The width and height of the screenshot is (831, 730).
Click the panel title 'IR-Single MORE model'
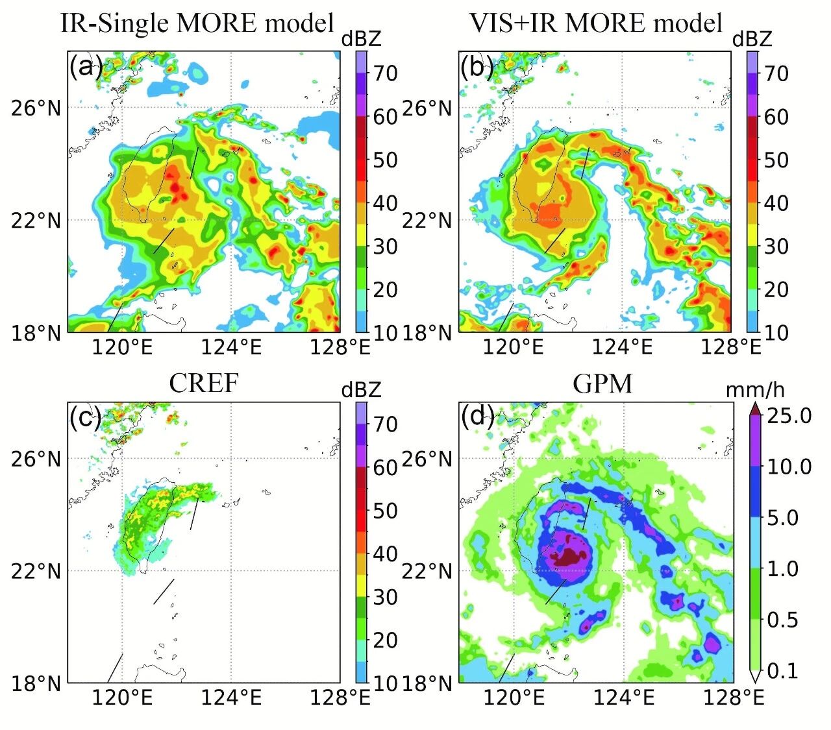pos(197,23)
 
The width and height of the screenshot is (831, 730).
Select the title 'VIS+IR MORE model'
pos(595,23)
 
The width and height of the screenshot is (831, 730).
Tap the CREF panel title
pos(203,383)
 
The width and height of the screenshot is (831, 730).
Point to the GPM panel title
pos(602,383)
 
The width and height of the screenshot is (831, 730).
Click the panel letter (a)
pos(86,66)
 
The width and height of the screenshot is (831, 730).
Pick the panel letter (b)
pos(477,66)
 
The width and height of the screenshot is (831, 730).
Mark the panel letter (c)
pos(86,417)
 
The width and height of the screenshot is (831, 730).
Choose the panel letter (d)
pos(477,417)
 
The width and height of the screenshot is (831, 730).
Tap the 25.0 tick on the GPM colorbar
pos(789,415)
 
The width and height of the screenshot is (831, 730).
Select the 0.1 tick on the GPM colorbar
pos(782,670)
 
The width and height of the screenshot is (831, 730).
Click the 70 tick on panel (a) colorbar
pos(385,73)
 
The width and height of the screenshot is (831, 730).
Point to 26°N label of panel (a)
pos(36,108)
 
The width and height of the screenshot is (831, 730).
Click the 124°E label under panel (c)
pos(231,698)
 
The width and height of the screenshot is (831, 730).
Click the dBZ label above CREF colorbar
pos(361,390)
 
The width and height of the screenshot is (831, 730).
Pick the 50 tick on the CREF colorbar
pos(385,511)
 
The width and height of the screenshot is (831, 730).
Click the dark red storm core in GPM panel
pos(568,557)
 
